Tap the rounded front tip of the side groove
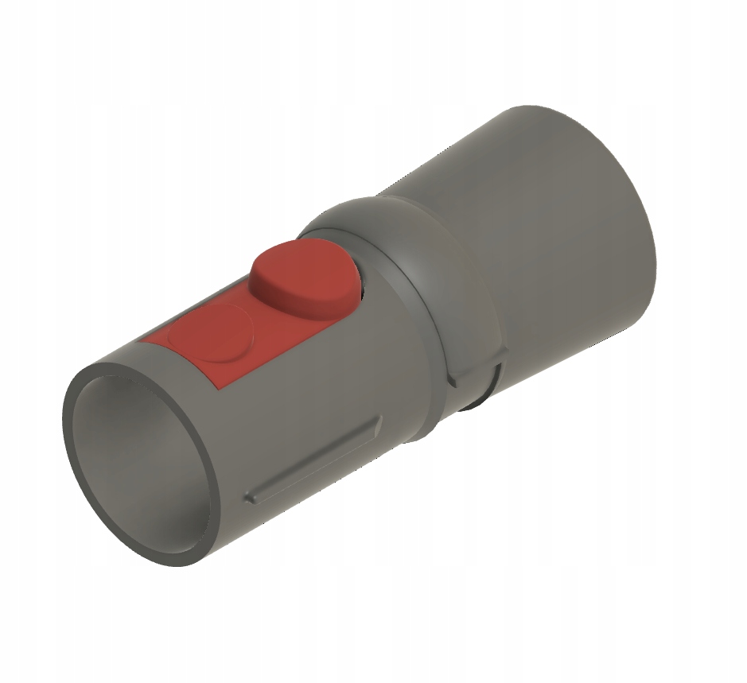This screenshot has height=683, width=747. click(250, 496)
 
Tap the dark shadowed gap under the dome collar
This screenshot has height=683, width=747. click(477, 394)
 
